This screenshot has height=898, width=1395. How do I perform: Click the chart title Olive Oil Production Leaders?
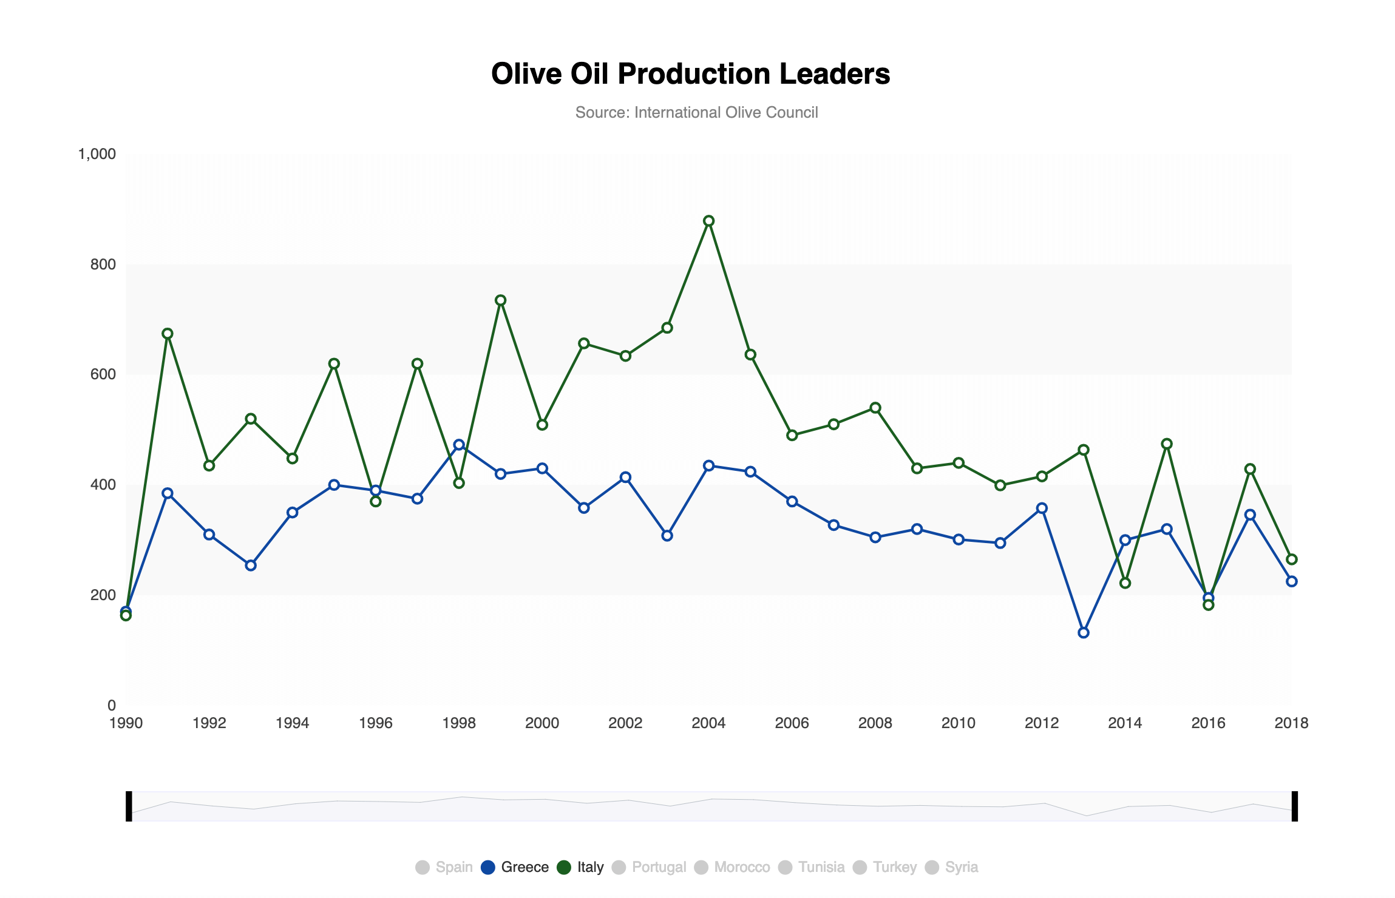point(690,74)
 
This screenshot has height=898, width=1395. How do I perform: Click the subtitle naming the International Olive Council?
point(696,112)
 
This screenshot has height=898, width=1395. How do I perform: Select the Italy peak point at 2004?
point(708,221)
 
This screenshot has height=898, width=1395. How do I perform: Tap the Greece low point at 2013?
point(1084,633)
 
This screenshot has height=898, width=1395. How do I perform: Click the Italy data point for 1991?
point(168,334)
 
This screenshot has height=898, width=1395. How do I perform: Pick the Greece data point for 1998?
point(459,445)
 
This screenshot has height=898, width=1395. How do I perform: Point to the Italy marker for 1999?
point(501,300)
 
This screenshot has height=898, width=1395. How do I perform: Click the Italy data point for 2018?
point(1292,559)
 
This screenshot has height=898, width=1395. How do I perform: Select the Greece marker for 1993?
point(251,565)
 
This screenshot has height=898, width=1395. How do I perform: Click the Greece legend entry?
point(515,867)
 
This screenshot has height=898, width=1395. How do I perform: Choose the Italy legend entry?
point(580,867)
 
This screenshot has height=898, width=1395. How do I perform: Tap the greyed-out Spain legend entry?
point(444,867)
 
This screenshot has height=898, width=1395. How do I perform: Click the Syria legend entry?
point(951,867)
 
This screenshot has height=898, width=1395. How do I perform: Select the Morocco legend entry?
point(732,867)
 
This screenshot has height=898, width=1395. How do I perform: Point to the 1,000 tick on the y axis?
point(97,154)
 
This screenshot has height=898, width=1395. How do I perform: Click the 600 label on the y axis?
point(103,374)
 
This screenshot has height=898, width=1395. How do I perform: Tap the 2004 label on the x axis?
point(708,723)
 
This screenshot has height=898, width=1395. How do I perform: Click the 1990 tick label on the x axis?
point(126,723)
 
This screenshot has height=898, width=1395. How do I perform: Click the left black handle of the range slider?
point(129,806)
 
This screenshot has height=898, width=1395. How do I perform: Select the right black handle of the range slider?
point(1294,806)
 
